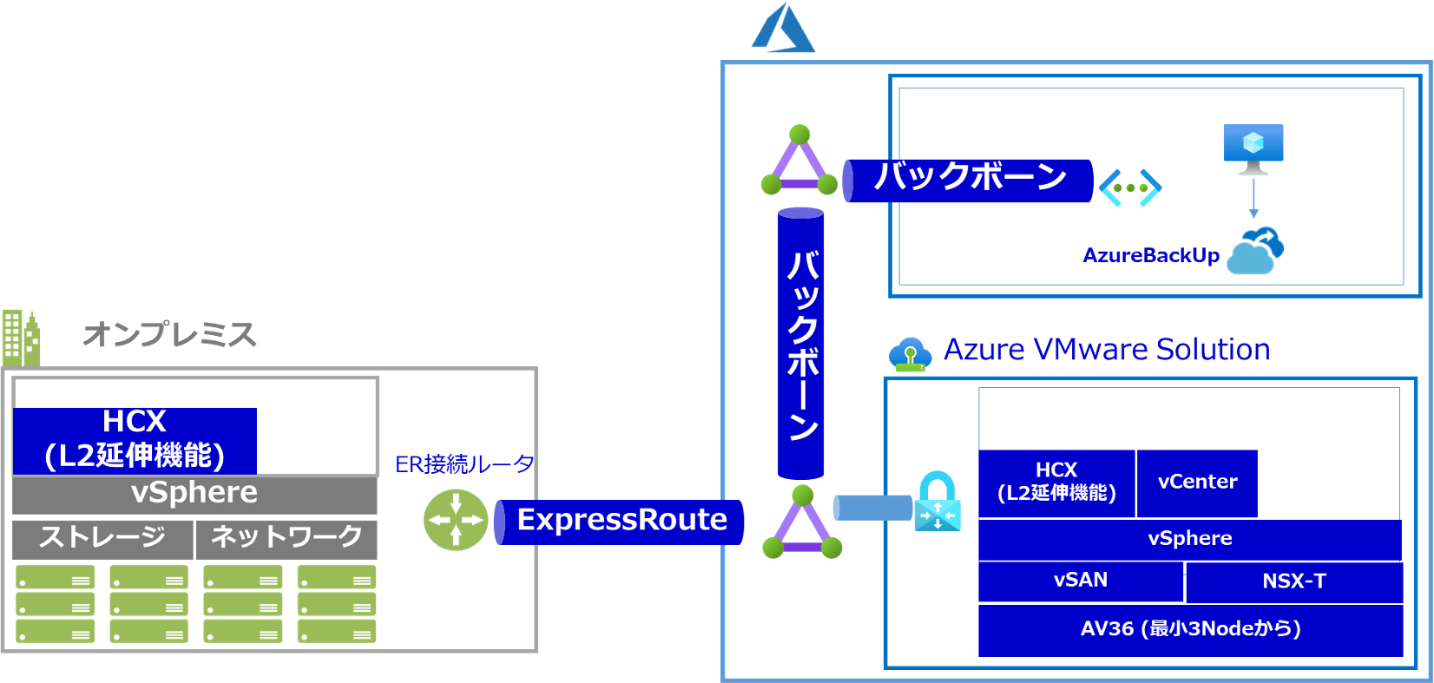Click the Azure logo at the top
pyautogui.click(x=784, y=29)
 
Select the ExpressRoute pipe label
pyautogui.click(x=622, y=521)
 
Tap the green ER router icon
pyautogui.click(x=456, y=521)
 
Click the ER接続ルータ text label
pyautogui.click(x=464, y=465)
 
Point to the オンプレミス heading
pyautogui.click(x=170, y=335)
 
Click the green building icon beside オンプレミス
pyautogui.click(x=21, y=338)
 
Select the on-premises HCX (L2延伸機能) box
pyautogui.click(x=135, y=440)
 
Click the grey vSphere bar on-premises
pyautogui.click(x=194, y=494)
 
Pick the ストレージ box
pyautogui.click(x=102, y=538)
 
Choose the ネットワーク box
pyautogui.click(x=286, y=538)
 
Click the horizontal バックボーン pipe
pyautogui.click(x=969, y=180)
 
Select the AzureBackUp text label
pyautogui.click(x=1151, y=256)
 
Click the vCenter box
pyautogui.click(x=1197, y=483)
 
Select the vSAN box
pyautogui.click(x=1081, y=581)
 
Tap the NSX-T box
pyautogui.click(x=1293, y=581)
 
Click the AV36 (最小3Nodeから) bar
pyautogui.click(x=1190, y=629)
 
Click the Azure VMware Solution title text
pyautogui.click(x=1106, y=350)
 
